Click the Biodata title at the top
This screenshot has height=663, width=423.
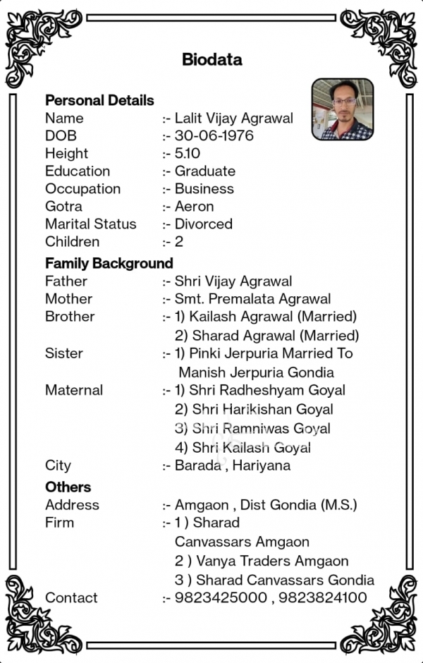(211, 59)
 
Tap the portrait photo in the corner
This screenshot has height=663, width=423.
(343, 109)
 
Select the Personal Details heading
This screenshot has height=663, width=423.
(99, 100)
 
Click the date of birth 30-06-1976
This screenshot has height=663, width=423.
(214, 135)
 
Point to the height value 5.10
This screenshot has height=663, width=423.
(188, 153)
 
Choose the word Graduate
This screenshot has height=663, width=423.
(205, 171)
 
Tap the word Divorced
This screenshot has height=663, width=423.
(203, 224)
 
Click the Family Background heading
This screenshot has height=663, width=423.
(109, 263)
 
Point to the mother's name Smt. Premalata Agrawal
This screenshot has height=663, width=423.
(252, 299)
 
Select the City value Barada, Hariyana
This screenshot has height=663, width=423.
(233, 466)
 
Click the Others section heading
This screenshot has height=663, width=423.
(68, 487)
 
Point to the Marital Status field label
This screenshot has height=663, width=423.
(91, 224)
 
